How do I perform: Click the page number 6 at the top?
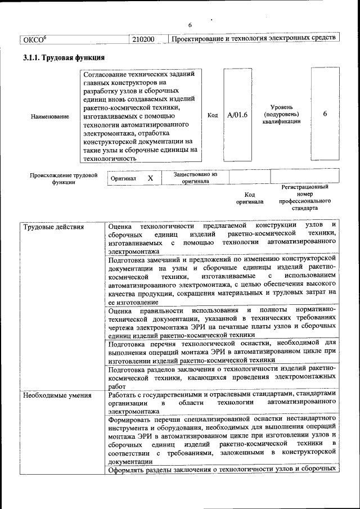[x=190, y=25]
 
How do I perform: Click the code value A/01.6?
[x=237, y=115]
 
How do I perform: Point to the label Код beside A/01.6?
[x=213, y=115]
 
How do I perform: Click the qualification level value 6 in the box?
[x=325, y=114]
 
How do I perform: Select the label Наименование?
[x=51, y=116]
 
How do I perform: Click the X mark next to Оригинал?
[x=150, y=178]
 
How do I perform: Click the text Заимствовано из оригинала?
[x=195, y=178]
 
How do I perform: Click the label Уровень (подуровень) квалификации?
[x=281, y=114]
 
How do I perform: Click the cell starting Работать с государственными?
[x=222, y=403]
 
